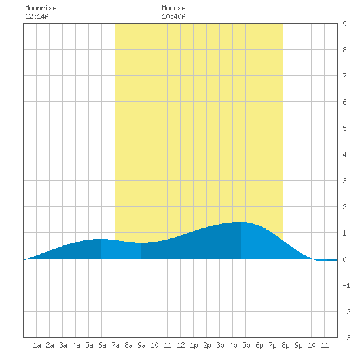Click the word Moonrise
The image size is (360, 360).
coord(41,8)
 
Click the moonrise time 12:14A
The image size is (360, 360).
coord(37,16)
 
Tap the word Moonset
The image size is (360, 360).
coord(175,8)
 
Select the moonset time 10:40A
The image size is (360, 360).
coord(173,16)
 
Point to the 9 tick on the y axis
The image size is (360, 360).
coord(344,24)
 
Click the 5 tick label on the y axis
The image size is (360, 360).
coord(344,128)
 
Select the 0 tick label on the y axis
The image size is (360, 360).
coord(344,259)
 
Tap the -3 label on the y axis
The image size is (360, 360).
coord(346,338)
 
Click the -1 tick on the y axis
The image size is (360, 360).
coord(346,285)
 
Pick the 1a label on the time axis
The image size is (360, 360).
coord(37,345)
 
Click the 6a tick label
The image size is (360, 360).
coord(102,345)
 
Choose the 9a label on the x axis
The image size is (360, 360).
coord(141,345)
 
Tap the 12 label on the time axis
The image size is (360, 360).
coord(181,345)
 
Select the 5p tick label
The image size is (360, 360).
coord(246,345)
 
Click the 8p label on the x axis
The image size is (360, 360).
coord(285,345)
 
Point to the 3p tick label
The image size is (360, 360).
coord(220,345)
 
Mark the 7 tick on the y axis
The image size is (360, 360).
coord(344,76)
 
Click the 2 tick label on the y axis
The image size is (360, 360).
coord(344,207)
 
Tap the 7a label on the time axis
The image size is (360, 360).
coord(115,345)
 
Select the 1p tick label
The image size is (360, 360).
coord(194,345)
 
